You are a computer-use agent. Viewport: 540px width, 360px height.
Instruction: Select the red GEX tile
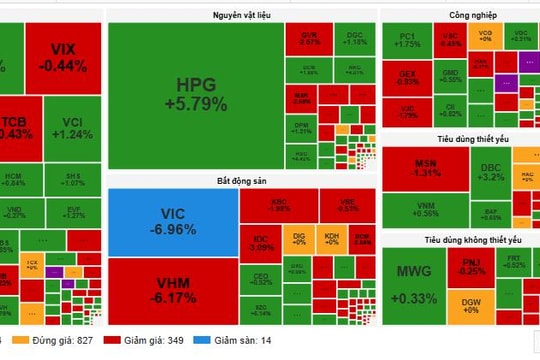[x=407, y=77]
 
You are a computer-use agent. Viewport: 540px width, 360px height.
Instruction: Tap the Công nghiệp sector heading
[x=458, y=15]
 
